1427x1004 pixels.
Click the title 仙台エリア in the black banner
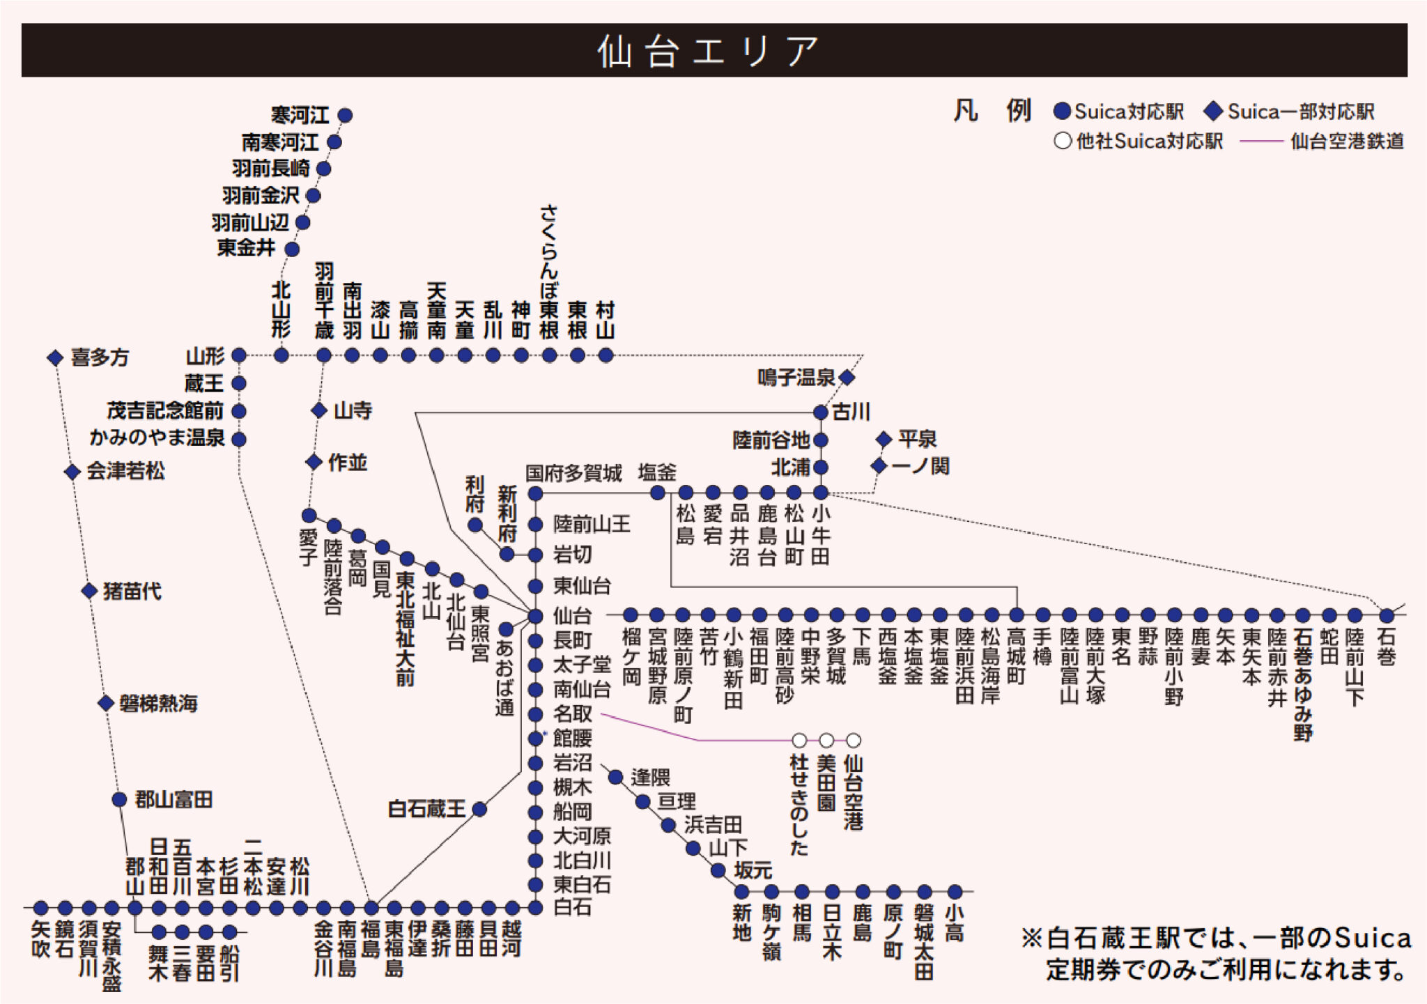[x=708, y=52]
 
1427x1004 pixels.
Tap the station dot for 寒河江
[x=345, y=115]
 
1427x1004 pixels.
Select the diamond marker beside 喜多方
[x=55, y=358]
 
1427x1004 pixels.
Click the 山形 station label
[x=205, y=357]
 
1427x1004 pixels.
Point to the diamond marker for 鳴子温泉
[x=847, y=378]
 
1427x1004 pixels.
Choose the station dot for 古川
[x=821, y=412]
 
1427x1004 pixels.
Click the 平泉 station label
[x=917, y=440]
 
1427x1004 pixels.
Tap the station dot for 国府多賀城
[x=535, y=494]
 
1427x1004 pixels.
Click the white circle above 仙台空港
[x=854, y=740]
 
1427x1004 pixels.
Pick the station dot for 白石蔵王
[x=479, y=809]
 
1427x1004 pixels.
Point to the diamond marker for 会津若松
[x=72, y=472]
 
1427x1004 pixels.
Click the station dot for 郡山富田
[x=119, y=799]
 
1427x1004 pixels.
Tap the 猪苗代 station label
[x=132, y=592]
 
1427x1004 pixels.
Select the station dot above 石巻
[x=1387, y=616]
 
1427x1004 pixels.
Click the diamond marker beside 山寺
[x=319, y=410]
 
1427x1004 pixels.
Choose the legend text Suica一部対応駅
[x=1300, y=112]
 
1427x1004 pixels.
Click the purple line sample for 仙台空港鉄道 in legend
[x=1261, y=141]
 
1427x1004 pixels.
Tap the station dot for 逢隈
[x=616, y=777]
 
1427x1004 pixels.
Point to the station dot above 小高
[x=955, y=892]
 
